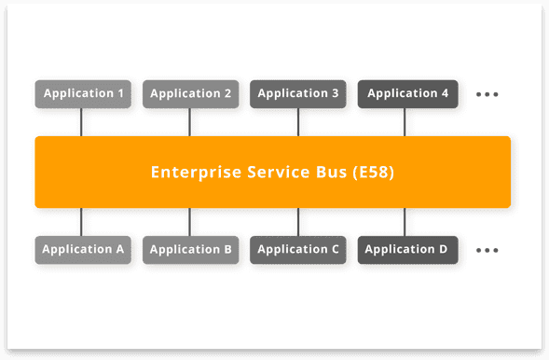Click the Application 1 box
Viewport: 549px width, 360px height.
pyautogui.click(x=83, y=93)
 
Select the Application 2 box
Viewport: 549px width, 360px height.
pyautogui.click(x=190, y=93)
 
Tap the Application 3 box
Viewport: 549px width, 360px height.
pyautogui.click(x=298, y=93)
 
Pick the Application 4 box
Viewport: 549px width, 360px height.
pyautogui.click(x=407, y=93)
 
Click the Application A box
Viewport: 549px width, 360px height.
pyautogui.click(x=83, y=249)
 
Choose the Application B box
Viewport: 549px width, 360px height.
pyautogui.click(x=190, y=249)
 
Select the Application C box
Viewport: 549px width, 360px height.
pyautogui.click(x=298, y=249)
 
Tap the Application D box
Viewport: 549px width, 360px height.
pyautogui.click(x=407, y=249)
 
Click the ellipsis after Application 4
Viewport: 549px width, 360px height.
pyautogui.click(x=487, y=94)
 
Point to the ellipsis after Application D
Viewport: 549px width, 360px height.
pyautogui.click(x=487, y=250)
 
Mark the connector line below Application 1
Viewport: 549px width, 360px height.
pyautogui.click(x=81, y=121)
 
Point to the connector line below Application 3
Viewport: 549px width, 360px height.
pyautogui.click(x=298, y=121)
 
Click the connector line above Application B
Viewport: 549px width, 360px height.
pyautogui.click(x=190, y=222)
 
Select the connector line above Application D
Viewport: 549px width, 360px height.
pyautogui.click(x=405, y=222)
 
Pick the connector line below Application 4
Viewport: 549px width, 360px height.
pyautogui.click(x=405, y=121)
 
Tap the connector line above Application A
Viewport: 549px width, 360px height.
pyautogui.click(x=81, y=222)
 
